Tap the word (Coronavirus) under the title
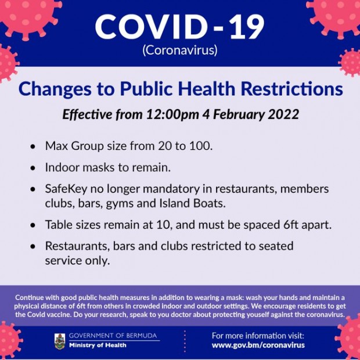tap(180, 50)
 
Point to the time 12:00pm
tap(172, 114)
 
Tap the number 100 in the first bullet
tap(201, 146)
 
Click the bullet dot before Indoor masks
tap(33, 168)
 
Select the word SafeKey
tap(66, 189)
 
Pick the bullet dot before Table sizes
tap(33, 225)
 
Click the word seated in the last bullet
tap(276, 246)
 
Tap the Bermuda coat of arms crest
tap(60, 341)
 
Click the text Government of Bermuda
tap(113, 336)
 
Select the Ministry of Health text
tap(98, 345)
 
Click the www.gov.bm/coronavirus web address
tap(258, 345)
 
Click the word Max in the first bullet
tap(56, 146)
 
